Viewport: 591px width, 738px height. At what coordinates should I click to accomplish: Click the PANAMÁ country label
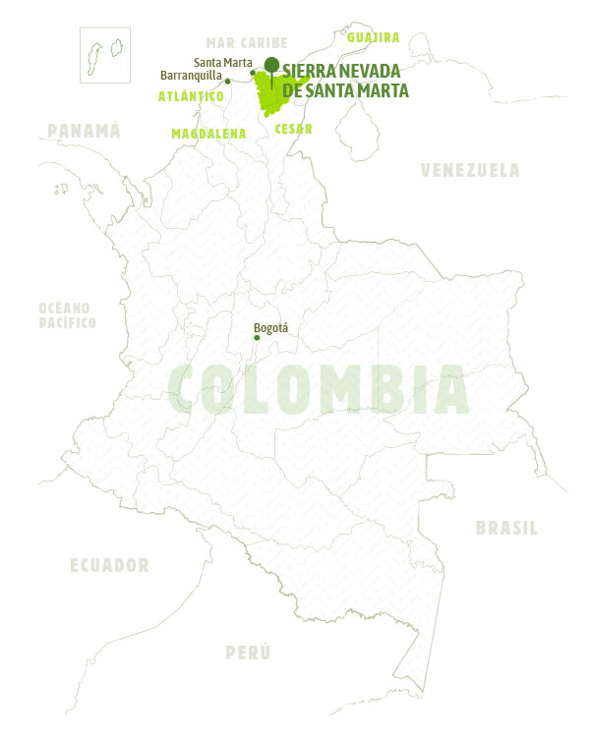[84, 131]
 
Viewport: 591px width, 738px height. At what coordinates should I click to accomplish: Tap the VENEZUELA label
[470, 170]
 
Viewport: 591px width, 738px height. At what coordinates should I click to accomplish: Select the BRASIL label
[506, 528]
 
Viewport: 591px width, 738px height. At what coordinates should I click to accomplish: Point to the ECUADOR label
[109, 565]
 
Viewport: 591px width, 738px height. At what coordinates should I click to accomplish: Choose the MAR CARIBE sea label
[246, 42]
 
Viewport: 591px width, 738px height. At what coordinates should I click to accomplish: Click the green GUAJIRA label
[373, 37]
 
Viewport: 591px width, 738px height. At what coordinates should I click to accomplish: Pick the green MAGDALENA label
[208, 133]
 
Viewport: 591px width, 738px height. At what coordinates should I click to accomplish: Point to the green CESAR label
[294, 129]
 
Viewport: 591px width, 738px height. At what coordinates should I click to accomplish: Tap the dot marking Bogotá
[257, 338]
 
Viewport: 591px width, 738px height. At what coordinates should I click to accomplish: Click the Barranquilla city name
[191, 74]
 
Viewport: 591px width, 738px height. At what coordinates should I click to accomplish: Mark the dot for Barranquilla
[227, 81]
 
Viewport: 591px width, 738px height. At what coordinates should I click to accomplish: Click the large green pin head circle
[271, 65]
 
